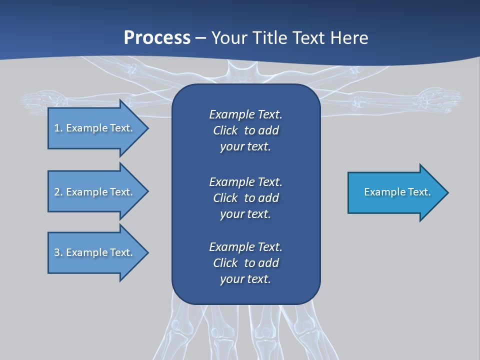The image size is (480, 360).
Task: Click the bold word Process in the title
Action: [157, 38]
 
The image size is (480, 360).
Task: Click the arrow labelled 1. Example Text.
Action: [95, 128]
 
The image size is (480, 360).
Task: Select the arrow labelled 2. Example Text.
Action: [95, 192]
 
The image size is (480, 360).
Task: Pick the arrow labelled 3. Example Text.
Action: [95, 252]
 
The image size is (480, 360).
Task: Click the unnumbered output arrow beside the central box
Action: [395, 192]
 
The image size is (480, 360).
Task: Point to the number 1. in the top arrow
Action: [58, 128]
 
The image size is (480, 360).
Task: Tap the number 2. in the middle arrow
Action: [58, 192]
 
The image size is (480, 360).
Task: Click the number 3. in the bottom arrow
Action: [58, 252]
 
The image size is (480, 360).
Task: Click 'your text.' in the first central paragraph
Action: [245, 147]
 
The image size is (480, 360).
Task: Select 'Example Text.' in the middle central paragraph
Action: [245, 181]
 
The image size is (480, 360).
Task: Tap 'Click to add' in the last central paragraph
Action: [245, 263]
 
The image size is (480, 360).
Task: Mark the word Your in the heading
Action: [228, 38]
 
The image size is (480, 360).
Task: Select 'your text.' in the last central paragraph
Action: [245, 279]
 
